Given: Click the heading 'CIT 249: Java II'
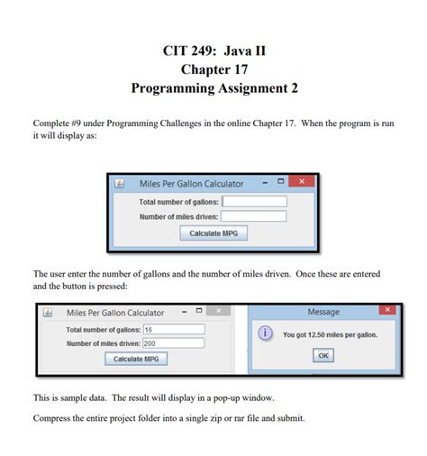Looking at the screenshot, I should click(x=213, y=50).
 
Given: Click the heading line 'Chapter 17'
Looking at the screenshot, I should click(x=213, y=68).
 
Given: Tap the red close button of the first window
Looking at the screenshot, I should click(x=302, y=183).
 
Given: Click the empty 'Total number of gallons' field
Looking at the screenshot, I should click(x=253, y=201).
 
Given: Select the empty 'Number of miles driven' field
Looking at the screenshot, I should click(x=253, y=216).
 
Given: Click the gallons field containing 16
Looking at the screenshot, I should click(x=173, y=330).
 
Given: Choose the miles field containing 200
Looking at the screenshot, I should click(x=173, y=343).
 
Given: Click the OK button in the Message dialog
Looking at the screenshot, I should click(x=323, y=355).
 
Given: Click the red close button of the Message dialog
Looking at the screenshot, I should click(x=386, y=311).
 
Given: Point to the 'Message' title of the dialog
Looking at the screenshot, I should click(x=323, y=312).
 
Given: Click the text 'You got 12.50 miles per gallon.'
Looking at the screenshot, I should click(x=330, y=335).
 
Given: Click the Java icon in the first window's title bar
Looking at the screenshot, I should click(x=120, y=184).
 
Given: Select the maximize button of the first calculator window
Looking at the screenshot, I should click(x=281, y=183).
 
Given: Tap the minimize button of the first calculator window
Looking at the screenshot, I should click(x=264, y=183).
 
